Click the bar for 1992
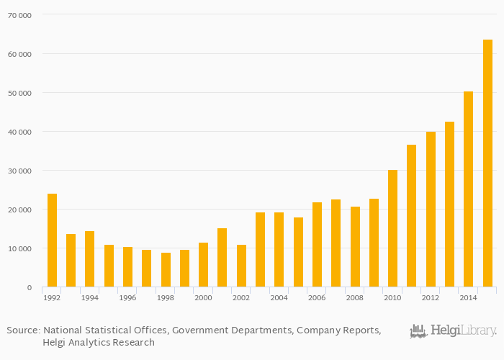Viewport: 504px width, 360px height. click(x=52, y=240)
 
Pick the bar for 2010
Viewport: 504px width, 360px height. click(x=393, y=228)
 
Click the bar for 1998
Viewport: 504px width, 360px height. click(x=166, y=270)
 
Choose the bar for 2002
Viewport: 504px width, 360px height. click(x=241, y=266)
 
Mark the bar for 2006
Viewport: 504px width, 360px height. click(x=317, y=245)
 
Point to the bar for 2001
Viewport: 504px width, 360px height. click(x=222, y=258)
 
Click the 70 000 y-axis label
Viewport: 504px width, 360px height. click(x=19, y=14)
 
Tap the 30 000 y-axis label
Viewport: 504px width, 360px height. click(x=19, y=171)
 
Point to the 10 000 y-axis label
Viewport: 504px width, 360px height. click(x=19, y=248)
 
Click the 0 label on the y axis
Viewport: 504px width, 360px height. click(x=29, y=288)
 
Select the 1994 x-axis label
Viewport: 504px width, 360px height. click(x=90, y=298)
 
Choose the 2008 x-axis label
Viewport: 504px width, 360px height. click(x=355, y=298)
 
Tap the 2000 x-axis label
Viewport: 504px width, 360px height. click(x=203, y=298)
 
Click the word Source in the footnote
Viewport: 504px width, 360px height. click(x=22, y=330)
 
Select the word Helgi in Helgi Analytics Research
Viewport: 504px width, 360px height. click(x=55, y=343)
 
